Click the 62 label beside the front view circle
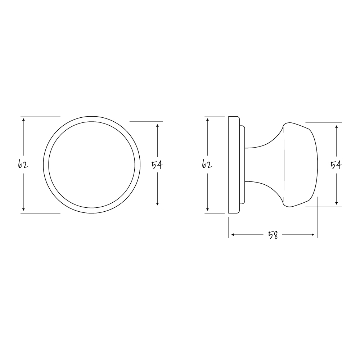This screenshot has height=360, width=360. [x=23, y=165]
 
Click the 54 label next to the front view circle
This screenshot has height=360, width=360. [x=157, y=165]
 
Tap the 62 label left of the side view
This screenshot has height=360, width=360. [x=207, y=165]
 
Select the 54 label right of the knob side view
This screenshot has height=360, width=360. [x=336, y=165]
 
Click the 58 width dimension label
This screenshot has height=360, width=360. [x=273, y=235]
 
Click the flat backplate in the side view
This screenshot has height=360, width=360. [x=234, y=165]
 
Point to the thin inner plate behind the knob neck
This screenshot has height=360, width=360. [x=242, y=165]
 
